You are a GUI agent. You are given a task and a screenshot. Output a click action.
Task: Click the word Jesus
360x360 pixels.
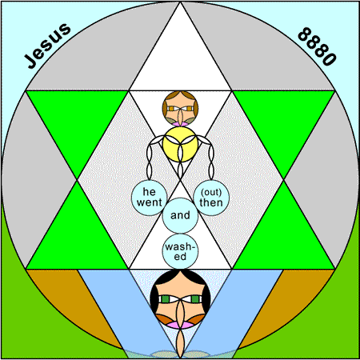tap(48, 46)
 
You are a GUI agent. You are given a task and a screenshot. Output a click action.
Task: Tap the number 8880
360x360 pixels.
tap(317, 46)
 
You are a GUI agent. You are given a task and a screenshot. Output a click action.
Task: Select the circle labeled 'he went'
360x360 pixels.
tap(150, 198)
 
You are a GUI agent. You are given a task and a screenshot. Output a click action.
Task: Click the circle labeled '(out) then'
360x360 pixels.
tap(211, 198)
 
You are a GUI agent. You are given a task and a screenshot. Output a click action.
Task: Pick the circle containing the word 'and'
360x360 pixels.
tap(180, 215)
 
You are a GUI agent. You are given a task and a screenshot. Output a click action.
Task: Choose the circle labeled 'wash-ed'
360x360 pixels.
tap(180, 251)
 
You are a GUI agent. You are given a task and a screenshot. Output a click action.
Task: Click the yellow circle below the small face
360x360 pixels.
tap(180, 144)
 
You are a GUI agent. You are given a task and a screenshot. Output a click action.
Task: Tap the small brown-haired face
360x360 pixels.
tap(180, 109)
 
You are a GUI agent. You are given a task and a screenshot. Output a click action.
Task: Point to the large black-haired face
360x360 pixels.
tap(180, 299)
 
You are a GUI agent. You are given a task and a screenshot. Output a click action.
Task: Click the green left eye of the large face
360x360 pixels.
tap(165, 299)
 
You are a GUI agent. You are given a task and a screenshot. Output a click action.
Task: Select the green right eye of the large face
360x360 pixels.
tap(195, 299)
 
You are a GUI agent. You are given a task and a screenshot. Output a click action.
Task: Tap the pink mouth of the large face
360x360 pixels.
tap(180, 325)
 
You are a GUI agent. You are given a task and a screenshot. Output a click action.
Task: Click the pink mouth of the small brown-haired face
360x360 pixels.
tap(180, 124)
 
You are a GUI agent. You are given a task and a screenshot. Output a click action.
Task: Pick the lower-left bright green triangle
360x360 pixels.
tap(78, 239)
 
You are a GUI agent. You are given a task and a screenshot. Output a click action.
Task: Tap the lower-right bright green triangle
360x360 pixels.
tap(283, 239)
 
